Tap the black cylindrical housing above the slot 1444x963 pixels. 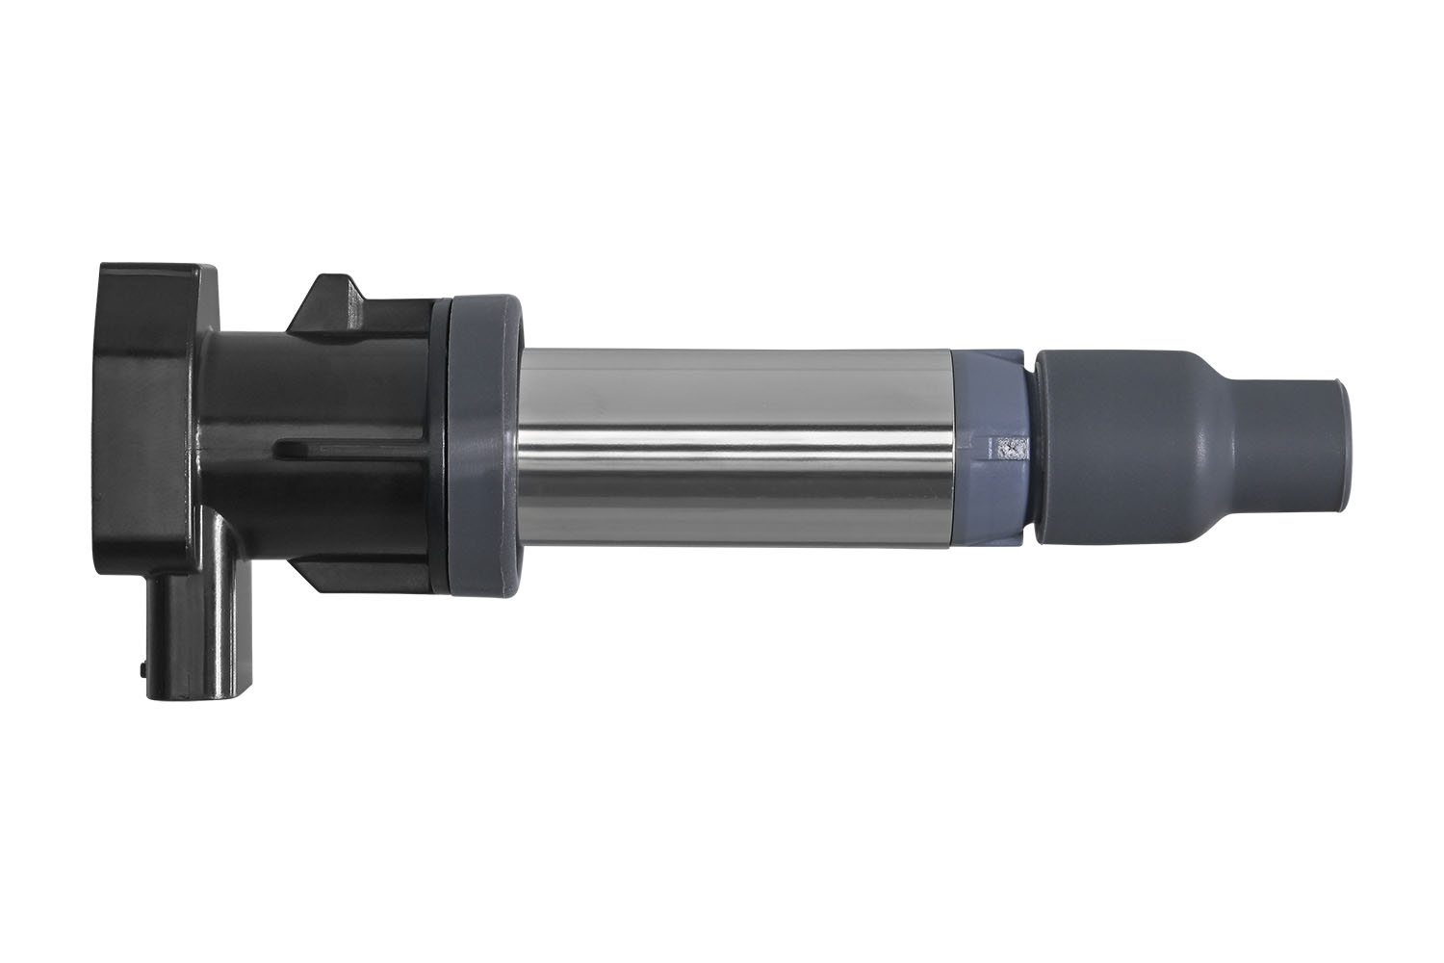(x=318, y=385)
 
